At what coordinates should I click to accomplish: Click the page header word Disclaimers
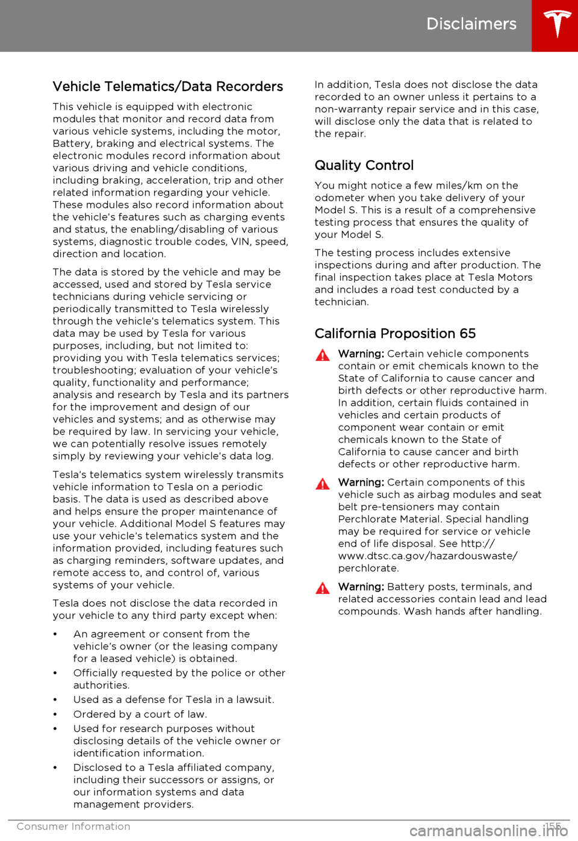[471, 24]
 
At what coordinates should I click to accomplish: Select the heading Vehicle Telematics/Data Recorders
[167, 87]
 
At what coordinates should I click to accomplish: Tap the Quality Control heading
[364, 166]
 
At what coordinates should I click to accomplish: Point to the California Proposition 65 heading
[395, 334]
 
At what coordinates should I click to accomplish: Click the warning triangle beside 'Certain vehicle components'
[323, 355]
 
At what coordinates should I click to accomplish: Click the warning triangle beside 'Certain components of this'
[323, 484]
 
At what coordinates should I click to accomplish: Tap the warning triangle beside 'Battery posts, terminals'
[323, 589]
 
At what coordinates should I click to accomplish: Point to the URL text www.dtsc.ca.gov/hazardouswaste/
[427, 556]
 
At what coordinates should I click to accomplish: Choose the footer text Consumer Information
[73, 827]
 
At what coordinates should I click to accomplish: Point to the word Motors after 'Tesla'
[515, 278]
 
